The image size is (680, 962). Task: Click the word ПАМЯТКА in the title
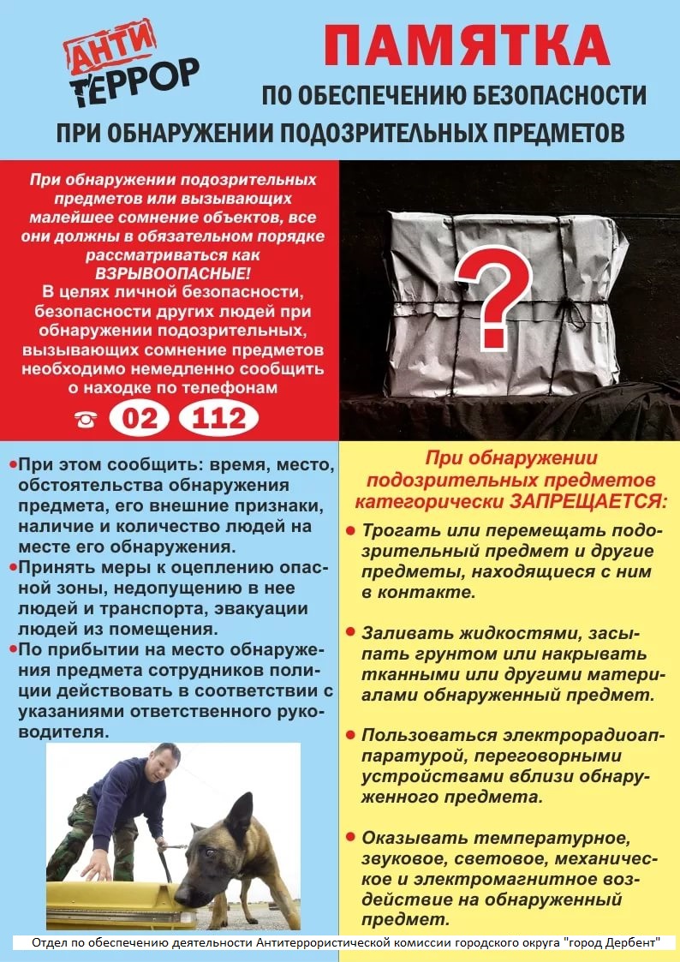tap(467, 46)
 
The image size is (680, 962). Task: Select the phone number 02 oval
tap(139, 418)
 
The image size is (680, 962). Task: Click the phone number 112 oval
tap(218, 418)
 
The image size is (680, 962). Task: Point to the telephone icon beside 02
tap(86, 419)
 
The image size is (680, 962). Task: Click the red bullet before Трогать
tap(350, 530)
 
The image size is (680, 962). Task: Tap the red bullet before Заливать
tap(350, 632)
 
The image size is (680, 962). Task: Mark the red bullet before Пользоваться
tap(350, 735)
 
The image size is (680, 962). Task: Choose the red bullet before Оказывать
tap(350, 837)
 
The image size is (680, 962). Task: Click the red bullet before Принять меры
tap(13, 567)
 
